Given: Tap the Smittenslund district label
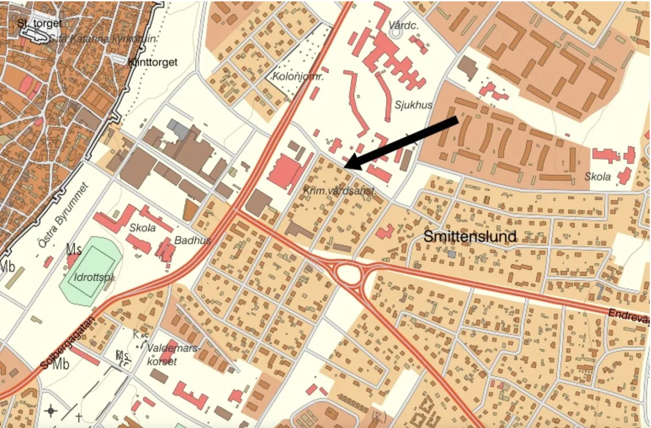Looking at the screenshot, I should point(470,236).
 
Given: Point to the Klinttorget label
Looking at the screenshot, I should point(153,62).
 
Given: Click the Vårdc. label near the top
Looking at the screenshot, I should point(402,26).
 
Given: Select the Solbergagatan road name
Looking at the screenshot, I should point(68,343).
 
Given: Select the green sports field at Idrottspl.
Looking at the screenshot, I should point(90,269).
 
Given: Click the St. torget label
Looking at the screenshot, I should point(39,23).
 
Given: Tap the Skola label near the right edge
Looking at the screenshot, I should point(597,177).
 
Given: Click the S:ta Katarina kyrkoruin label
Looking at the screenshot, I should point(103,39).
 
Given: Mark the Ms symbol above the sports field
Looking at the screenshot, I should point(74,249).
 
